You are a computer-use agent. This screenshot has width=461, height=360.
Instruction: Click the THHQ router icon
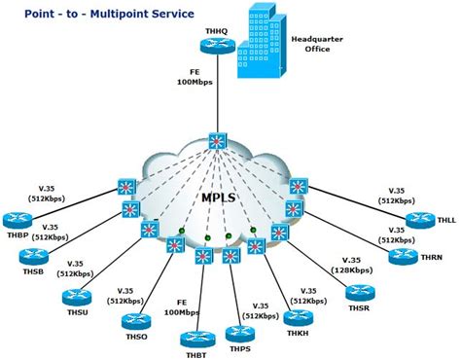pyautogui.click(x=217, y=46)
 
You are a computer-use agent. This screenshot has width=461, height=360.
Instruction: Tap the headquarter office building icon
pyautogui.click(x=262, y=42)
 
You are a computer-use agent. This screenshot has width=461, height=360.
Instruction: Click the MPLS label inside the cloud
pyautogui.click(x=218, y=198)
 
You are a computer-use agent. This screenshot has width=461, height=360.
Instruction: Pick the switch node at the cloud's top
pyautogui.click(x=217, y=141)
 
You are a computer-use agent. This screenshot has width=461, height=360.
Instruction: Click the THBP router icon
pyautogui.click(x=18, y=221)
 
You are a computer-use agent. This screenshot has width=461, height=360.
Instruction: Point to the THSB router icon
pyautogui.click(x=34, y=257)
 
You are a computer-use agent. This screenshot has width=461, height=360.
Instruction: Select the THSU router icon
pyautogui.click(x=77, y=297)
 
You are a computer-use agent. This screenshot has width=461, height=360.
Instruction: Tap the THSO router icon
pyautogui.click(x=136, y=321)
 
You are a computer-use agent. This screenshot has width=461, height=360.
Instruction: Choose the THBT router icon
pyautogui.click(x=195, y=340)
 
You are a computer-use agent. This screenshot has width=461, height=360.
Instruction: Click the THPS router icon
pyautogui.click(x=240, y=334)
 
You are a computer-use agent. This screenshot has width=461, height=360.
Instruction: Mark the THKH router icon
pyautogui.click(x=299, y=318)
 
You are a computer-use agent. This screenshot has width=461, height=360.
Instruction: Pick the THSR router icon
pyautogui.click(x=360, y=293)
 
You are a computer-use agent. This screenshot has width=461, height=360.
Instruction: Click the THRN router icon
pyautogui.click(x=404, y=257)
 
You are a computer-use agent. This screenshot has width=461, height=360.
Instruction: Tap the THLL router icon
pyautogui.click(x=420, y=221)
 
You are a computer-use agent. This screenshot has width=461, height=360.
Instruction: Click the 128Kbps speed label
pyautogui.click(x=352, y=270)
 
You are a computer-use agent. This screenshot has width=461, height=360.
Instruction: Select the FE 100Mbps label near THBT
pyautogui.click(x=182, y=307)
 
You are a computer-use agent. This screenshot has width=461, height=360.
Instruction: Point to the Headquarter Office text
pyautogui.click(x=317, y=44)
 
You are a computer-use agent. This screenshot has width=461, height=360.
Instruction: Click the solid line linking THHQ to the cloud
pyautogui.click(x=218, y=93)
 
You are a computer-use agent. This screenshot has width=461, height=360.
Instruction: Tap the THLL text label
pyautogui.click(x=446, y=220)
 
